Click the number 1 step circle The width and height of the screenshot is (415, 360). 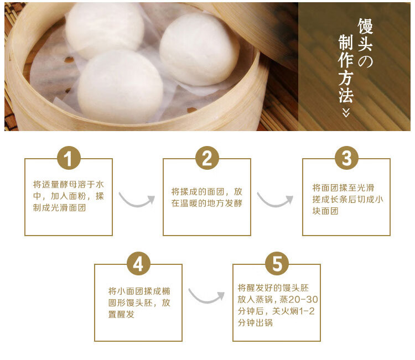(x=69, y=158)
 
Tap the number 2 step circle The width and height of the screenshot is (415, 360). (x=207, y=158)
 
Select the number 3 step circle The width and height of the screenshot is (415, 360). (x=347, y=158)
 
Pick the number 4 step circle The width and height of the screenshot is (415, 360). (x=138, y=263)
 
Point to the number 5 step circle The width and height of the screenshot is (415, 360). (x=277, y=263)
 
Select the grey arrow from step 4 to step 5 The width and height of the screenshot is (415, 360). (x=206, y=301)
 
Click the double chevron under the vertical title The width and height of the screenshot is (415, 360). (x=346, y=112)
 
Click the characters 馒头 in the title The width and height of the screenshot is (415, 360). (x=365, y=35)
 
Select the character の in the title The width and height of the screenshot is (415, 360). (x=365, y=61)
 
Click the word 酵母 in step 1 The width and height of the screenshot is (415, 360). (x=68, y=184)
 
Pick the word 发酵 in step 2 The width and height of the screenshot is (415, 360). (x=234, y=203)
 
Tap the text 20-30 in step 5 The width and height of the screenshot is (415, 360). (x=303, y=299)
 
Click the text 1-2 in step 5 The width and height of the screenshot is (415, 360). (x=307, y=311)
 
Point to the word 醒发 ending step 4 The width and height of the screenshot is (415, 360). (x=126, y=314)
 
